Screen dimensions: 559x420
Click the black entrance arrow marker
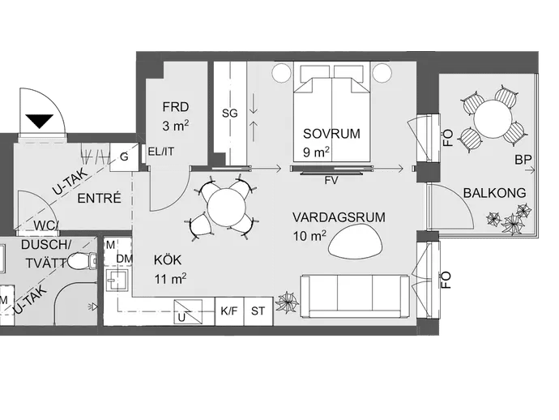coord(39,121)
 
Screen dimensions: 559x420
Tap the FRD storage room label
coord(176,107)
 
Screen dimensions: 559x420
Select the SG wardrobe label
coord(229,114)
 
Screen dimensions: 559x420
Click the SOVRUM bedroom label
coord(331,134)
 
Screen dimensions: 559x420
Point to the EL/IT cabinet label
coord(161,152)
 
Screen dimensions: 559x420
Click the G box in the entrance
coord(124,157)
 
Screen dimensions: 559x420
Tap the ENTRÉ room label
coord(99,198)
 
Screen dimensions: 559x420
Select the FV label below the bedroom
coord(331,181)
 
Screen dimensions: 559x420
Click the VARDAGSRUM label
coord(339,217)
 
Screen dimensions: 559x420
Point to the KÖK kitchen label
coord(168,260)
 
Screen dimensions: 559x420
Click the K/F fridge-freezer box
coord(229,311)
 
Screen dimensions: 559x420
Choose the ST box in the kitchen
coord(258,311)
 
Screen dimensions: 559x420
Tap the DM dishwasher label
coord(125,259)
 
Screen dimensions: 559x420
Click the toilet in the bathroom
coord(82,261)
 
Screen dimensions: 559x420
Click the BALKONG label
coord(494,193)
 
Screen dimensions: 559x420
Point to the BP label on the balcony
coord(523,160)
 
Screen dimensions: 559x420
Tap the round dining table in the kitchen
coord(227,207)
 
